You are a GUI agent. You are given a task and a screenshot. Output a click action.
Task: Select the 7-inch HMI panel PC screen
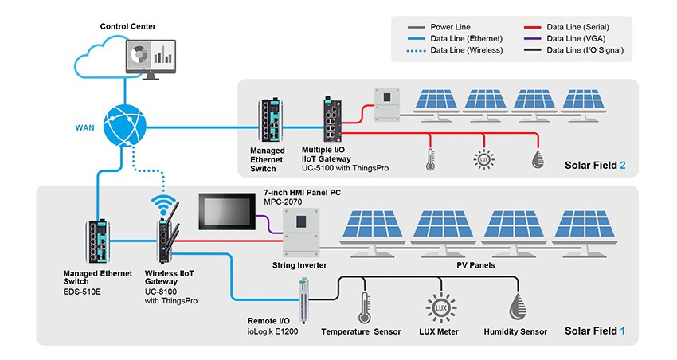click(x=228, y=213)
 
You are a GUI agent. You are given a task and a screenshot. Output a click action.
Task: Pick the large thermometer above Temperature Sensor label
click(x=365, y=306)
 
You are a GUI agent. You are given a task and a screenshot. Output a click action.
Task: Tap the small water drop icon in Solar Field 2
click(x=538, y=158)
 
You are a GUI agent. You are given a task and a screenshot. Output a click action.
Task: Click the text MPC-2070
click(x=284, y=203)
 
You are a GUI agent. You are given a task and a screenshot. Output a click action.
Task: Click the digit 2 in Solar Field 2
click(x=623, y=166)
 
